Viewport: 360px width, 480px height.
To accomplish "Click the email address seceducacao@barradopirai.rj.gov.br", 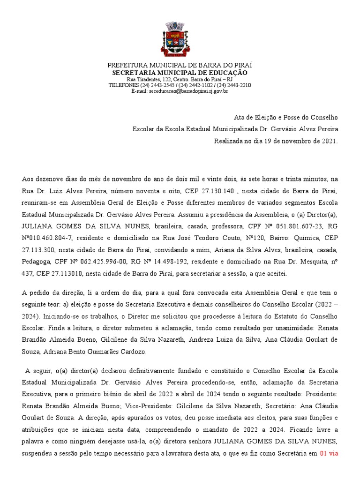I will click(x=188, y=91).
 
